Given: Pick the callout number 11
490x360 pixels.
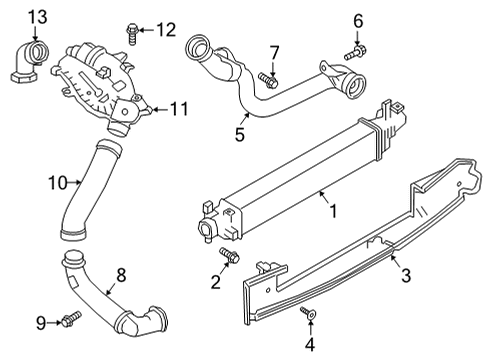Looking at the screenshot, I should pos(180,109).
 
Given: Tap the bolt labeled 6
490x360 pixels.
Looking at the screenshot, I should pos(353,49).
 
